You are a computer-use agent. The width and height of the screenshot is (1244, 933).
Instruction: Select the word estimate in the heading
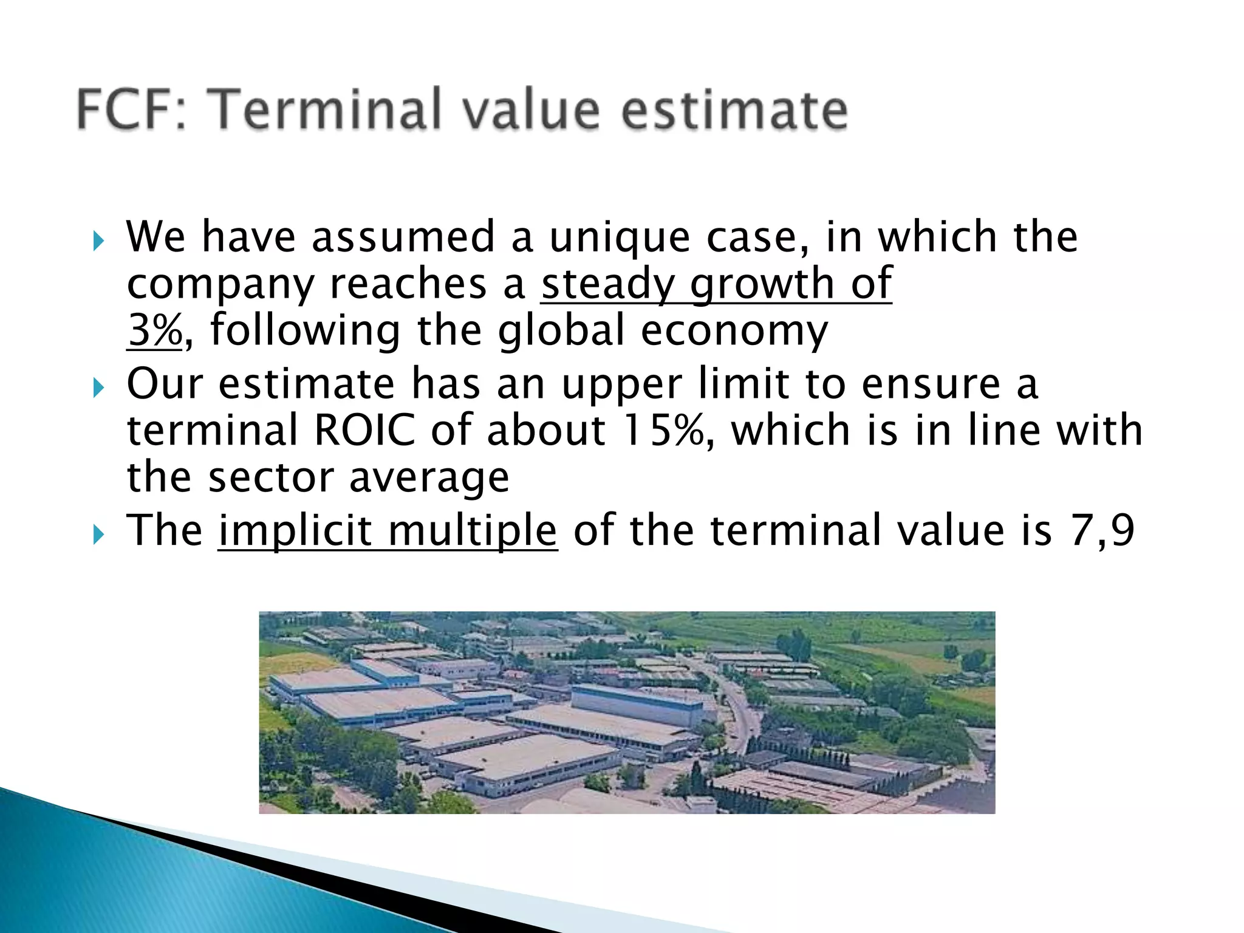[x=734, y=111]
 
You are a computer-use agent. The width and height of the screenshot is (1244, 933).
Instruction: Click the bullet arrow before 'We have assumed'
[x=99, y=241]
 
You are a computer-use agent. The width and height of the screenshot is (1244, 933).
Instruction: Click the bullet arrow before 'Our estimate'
[x=99, y=388]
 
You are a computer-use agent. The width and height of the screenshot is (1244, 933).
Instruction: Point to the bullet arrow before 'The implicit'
[x=99, y=535]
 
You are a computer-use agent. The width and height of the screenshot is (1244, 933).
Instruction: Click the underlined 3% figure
[x=155, y=331]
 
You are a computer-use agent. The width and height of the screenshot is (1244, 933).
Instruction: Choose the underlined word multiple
[x=473, y=531]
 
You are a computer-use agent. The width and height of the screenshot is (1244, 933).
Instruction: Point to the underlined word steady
[x=607, y=284]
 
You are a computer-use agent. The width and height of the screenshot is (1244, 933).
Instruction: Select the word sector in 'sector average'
[x=270, y=477]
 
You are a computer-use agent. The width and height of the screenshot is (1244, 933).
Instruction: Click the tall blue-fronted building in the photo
[x=635, y=705]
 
